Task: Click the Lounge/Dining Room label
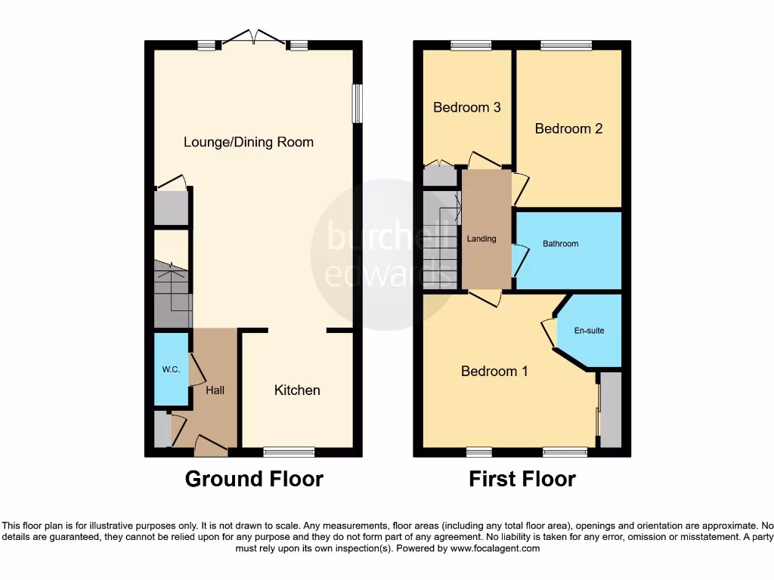[249, 142]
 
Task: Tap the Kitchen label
[297, 390]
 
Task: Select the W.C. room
[170, 370]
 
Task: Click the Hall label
[215, 390]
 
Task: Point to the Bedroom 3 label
[466, 107]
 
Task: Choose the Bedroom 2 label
[568, 128]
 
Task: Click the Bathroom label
[560, 244]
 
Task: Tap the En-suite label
[590, 331]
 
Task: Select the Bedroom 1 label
[494, 372]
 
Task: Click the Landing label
[481, 239]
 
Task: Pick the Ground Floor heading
[254, 479]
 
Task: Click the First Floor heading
[522, 479]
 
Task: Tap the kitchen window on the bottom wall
[289, 452]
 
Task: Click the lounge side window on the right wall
[358, 102]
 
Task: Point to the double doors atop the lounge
[254, 38]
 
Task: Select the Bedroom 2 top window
[566, 45]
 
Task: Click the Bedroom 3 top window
[470, 45]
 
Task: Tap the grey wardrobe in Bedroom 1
[610, 409]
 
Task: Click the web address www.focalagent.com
[494, 549]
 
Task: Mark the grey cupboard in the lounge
[171, 208]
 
